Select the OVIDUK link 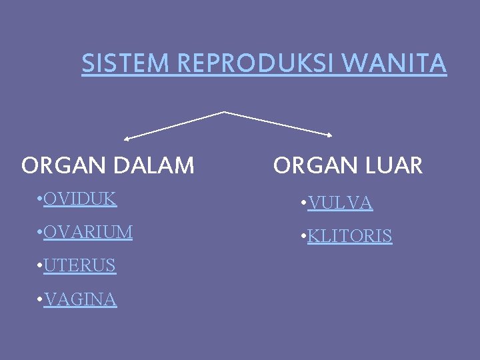click(80, 199)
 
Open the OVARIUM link click(88, 232)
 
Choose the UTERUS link click(79, 265)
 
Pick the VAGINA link click(80, 300)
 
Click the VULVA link click(340, 203)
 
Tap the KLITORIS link click(350, 236)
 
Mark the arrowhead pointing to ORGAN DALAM click(126, 139)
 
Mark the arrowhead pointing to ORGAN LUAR click(329, 135)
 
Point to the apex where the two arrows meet click(224, 111)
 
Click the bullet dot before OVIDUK click(41, 199)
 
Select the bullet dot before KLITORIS click(304, 237)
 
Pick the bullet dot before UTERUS click(41, 266)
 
